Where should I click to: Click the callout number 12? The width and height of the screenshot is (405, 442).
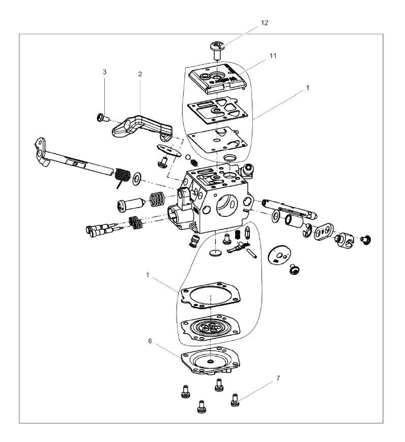click(x=265, y=23)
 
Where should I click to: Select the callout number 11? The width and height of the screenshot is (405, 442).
click(x=273, y=56)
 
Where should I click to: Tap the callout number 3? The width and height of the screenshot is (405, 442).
click(x=104, y=72)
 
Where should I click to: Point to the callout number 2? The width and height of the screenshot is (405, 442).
click(x=140, y=74)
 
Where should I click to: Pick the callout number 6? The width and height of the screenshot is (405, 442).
click(x=150, y=341)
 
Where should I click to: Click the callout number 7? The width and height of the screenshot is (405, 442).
click(x=278, y=378)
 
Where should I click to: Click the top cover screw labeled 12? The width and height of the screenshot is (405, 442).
click(x=216, y=49)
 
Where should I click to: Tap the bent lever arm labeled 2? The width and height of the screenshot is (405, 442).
click(x=142, y=128)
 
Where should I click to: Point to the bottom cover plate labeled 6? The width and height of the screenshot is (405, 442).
click(x=211, y=361)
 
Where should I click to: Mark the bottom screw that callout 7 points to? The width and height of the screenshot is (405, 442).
click(x=235, y=400)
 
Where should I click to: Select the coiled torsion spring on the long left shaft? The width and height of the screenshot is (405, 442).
click(x=122, y=177)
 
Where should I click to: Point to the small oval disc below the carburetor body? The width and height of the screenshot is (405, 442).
click(x=216, y=253)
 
